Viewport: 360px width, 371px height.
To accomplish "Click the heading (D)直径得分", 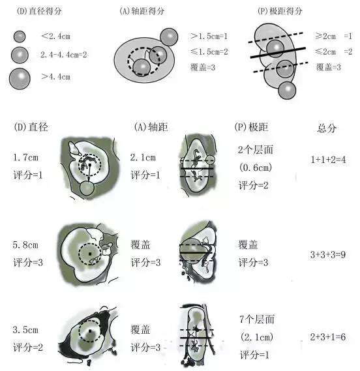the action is tap(39, 11).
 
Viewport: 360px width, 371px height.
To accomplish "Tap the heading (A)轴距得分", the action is tap(142, 11).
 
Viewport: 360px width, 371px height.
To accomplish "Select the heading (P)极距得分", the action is tap(280, 11).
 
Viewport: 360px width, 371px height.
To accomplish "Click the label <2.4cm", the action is tap(56, 37).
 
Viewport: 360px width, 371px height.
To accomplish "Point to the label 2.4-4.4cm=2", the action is tap(64, 55).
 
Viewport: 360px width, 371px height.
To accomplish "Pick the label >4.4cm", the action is tap(56, 77).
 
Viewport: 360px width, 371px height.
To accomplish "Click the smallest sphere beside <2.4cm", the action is tap(20, 37).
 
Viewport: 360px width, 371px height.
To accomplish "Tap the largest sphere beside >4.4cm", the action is tap(20, 79).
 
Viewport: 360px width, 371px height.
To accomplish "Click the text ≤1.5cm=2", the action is tap(209, 52).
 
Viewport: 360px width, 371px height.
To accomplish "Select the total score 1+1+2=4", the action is tap(328, 160).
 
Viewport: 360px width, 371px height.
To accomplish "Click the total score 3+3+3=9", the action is tap(328, 254).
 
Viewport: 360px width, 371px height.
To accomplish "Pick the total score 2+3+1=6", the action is tap(328, 336).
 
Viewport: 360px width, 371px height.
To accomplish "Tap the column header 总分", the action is tap(327, 128).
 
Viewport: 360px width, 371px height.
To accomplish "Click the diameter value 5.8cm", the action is tap(25, 245).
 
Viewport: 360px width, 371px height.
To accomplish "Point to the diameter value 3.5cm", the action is tap(25, 329).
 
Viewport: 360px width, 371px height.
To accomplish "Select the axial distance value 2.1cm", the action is tap(143, 157).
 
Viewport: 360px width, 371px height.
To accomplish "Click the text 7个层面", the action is tap(257, 319).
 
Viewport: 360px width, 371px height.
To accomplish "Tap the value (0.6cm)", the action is tap(256, 168).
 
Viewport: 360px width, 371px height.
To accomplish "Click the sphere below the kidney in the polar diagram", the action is tap(287, 90).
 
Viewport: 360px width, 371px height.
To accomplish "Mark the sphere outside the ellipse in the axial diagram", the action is tap(169, 37).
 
